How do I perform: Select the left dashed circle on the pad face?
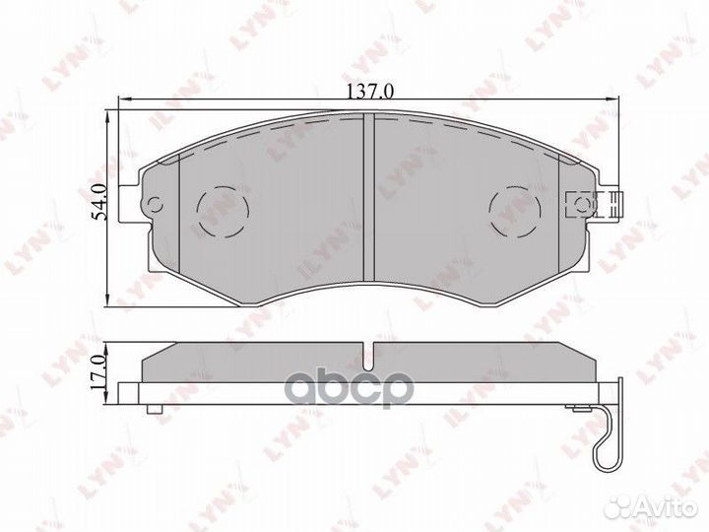[x=224, y=209]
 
